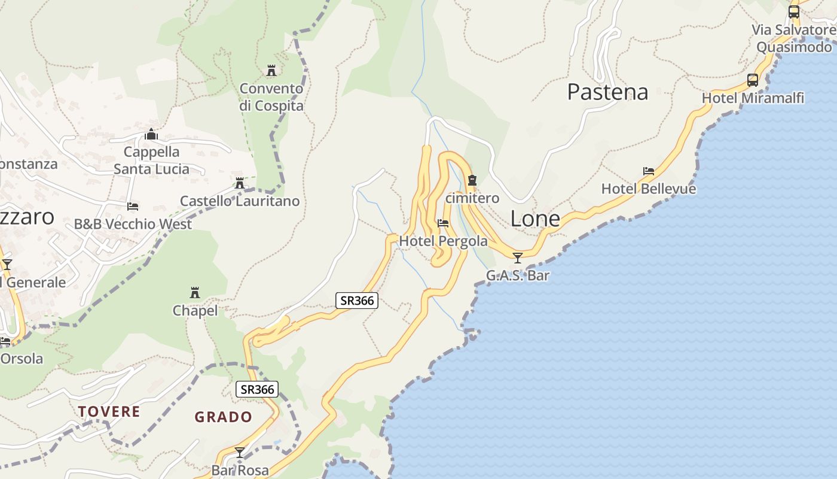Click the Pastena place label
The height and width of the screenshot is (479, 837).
pyautogui.click(x=607, y=92)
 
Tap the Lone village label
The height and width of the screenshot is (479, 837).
pyautogui.click(x=535, y=219)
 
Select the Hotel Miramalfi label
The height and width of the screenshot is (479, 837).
pyautogui.click(x=753, y=98)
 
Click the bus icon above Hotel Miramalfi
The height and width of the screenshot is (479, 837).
pyautogui.click(x=753, y=80)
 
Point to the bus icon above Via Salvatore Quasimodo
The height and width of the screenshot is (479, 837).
pyautogui.click(x=794, y=11)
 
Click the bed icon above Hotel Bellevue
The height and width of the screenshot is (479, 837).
pyautogui.click(x=649, y=171)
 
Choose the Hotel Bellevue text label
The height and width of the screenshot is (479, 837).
pyautogui.click(x=649, y=189)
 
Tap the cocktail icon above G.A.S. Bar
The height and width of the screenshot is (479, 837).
pyautogui.click(x=518, y=258)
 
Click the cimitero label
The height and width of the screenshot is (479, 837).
pyautogui.click(x=472, y=198)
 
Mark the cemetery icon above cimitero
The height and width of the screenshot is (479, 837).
pyautogui.click(x=472, y=180)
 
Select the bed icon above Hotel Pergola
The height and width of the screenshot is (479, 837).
pyautogui.click(x=443, y=223)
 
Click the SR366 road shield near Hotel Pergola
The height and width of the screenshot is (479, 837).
pyautogui.click(x=357, y=301)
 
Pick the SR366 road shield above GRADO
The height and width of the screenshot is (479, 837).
pyautogui.click(x=257, y=390)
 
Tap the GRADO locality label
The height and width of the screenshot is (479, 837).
pyautogui.click(x=224, y=417)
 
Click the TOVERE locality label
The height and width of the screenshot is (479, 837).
pyautogui.click(x=109, y=412)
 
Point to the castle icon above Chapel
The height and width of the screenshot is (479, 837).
pyautogui.click(x=195, y=293)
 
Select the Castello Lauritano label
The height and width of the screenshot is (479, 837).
pyautogui.click(x=240, y=201)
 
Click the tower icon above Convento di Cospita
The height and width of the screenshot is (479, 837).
pyautogui.click(x=271, y=71)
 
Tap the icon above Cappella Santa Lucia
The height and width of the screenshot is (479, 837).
pyautogui.click(x=151, y=134)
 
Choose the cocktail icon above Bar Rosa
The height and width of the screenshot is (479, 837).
pyautogui.click(x=240, y=453)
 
